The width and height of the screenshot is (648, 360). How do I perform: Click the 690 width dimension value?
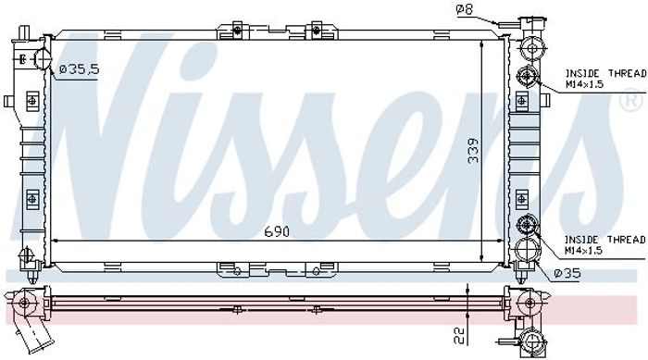point(277,232)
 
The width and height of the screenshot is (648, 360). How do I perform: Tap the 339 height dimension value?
point(473,151)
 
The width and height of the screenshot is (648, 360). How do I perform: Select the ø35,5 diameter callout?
point(79,69)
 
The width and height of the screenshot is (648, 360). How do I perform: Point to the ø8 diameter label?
point(464,9)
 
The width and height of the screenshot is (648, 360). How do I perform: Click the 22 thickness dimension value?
point(459,335)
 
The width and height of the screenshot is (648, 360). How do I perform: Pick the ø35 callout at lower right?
point(567,273)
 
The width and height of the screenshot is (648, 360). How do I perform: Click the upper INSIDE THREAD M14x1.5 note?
point(605,79)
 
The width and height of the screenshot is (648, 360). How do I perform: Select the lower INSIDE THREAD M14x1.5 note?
point(605,244)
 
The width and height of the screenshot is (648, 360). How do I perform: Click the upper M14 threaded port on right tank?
point(527,76)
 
